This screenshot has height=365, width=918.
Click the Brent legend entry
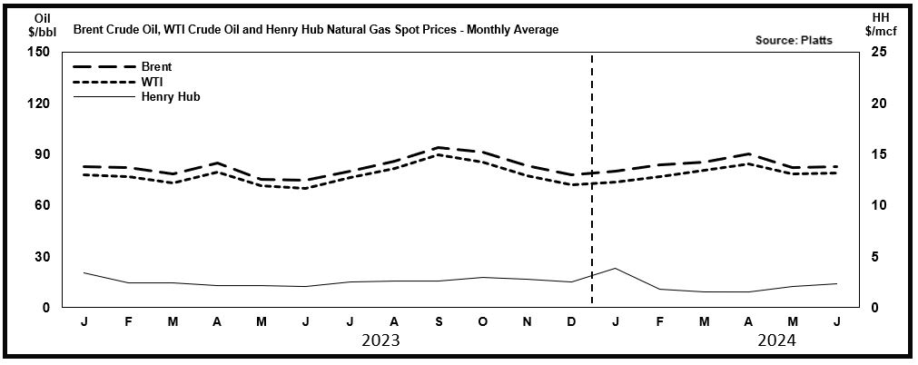click(156, 66)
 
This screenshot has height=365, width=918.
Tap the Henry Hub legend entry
click(170, 95)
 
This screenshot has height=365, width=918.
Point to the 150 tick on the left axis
click(38, 52)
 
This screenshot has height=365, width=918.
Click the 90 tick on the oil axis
click(42, 154)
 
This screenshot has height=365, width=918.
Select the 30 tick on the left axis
click(42, 257)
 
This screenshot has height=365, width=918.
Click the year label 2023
click(380, 341)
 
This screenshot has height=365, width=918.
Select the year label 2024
click(777, 341)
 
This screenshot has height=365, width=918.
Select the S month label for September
click(439, 322)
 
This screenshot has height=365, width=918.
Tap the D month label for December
click(571, 322)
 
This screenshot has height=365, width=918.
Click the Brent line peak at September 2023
click(439, 147)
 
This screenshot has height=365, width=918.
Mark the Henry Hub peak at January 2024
click(615, 268)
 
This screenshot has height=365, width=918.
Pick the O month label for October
click(483, 322)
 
